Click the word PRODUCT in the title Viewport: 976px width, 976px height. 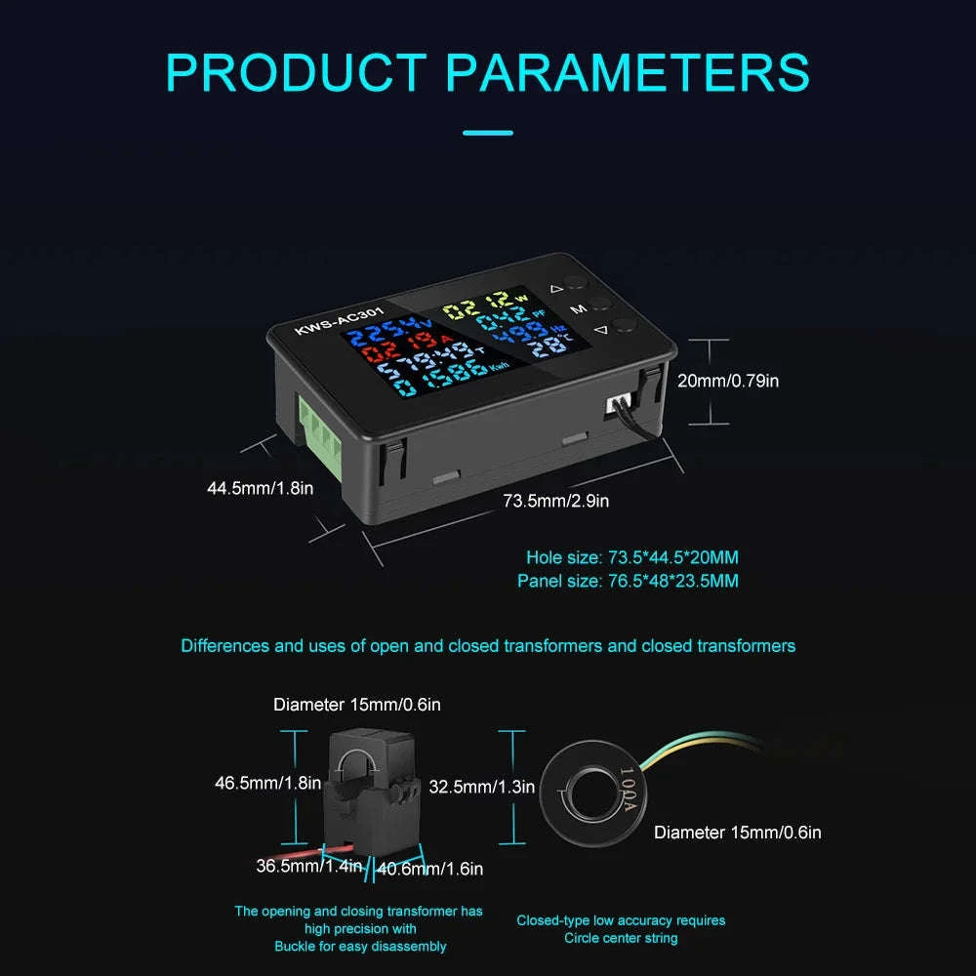coord(296,73)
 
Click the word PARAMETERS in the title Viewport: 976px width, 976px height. coord(628,73)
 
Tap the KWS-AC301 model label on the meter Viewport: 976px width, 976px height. coord(340,320)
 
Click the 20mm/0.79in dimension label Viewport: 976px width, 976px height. coord(728,381)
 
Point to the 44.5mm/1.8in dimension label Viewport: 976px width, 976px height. coord(261,488)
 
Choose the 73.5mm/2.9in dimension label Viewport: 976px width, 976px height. coord(556,501)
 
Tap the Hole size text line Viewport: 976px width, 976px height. coord(632,557)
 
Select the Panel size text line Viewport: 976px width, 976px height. coord(628,581)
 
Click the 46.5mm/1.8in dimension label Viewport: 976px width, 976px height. coord(267,783)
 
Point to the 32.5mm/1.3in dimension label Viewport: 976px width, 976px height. coord(482,787)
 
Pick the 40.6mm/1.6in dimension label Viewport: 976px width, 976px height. coord(429,869)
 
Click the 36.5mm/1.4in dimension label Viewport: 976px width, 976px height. coord(309,866)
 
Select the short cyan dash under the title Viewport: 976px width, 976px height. coord(488,133)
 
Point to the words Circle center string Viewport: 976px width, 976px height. coord(621,938)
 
